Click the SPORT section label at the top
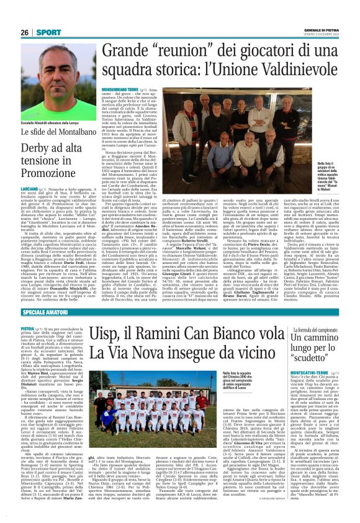[45, 32]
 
